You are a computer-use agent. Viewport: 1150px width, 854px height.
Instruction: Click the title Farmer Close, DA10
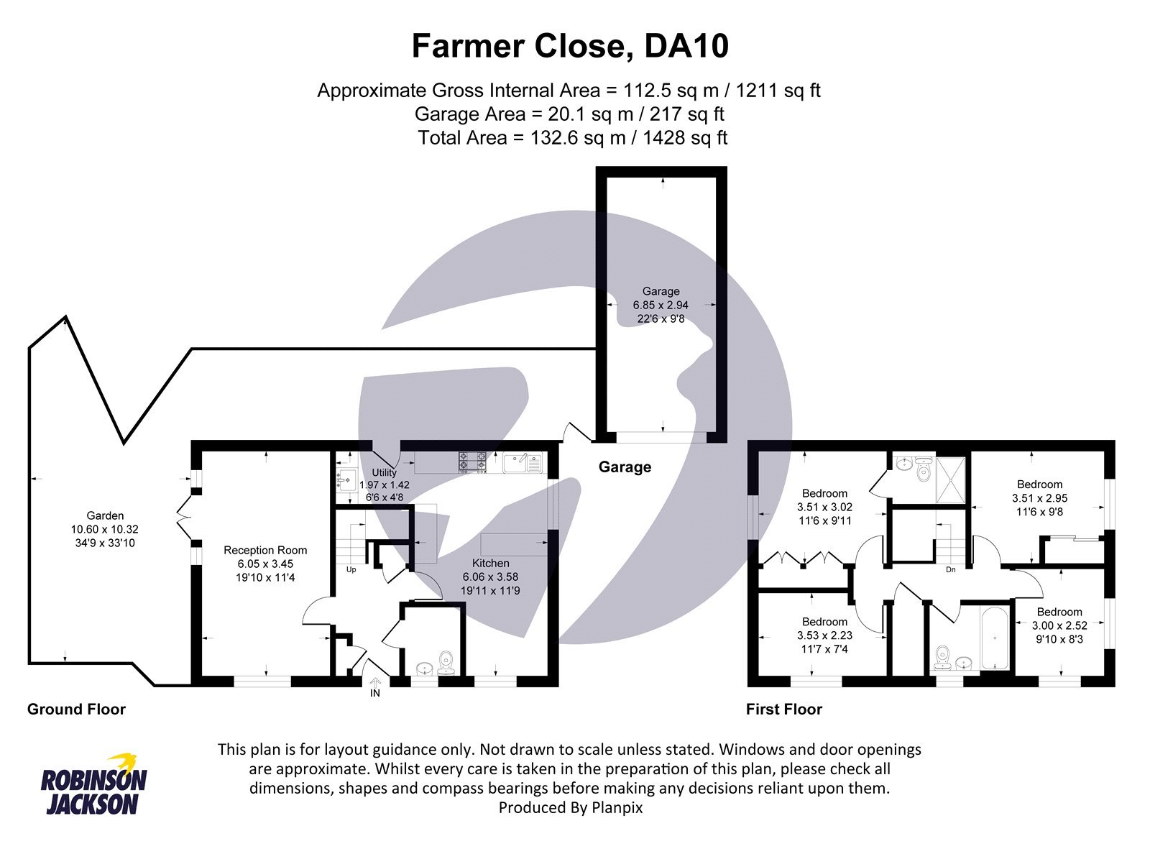570,46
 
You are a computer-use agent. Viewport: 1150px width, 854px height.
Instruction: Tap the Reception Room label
265,550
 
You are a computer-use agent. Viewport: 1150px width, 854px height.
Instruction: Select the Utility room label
384,472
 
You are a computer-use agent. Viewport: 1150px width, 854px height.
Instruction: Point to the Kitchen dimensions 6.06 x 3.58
490,577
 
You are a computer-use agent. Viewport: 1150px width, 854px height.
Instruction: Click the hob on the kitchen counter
472,462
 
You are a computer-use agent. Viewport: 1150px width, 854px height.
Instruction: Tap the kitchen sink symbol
522,462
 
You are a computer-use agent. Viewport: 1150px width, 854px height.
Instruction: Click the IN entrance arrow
374,687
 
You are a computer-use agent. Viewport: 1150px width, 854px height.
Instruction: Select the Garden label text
105,515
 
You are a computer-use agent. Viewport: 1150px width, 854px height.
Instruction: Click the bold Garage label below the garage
625,467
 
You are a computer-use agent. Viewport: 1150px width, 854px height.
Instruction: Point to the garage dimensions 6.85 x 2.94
661,305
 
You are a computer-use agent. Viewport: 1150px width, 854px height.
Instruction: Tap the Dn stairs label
950,569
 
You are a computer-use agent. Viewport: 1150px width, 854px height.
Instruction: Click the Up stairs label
351,569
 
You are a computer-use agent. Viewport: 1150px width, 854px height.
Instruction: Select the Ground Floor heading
76,710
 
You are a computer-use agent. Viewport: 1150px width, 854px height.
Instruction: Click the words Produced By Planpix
570,807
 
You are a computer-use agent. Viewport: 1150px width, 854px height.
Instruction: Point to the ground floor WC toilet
446,661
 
